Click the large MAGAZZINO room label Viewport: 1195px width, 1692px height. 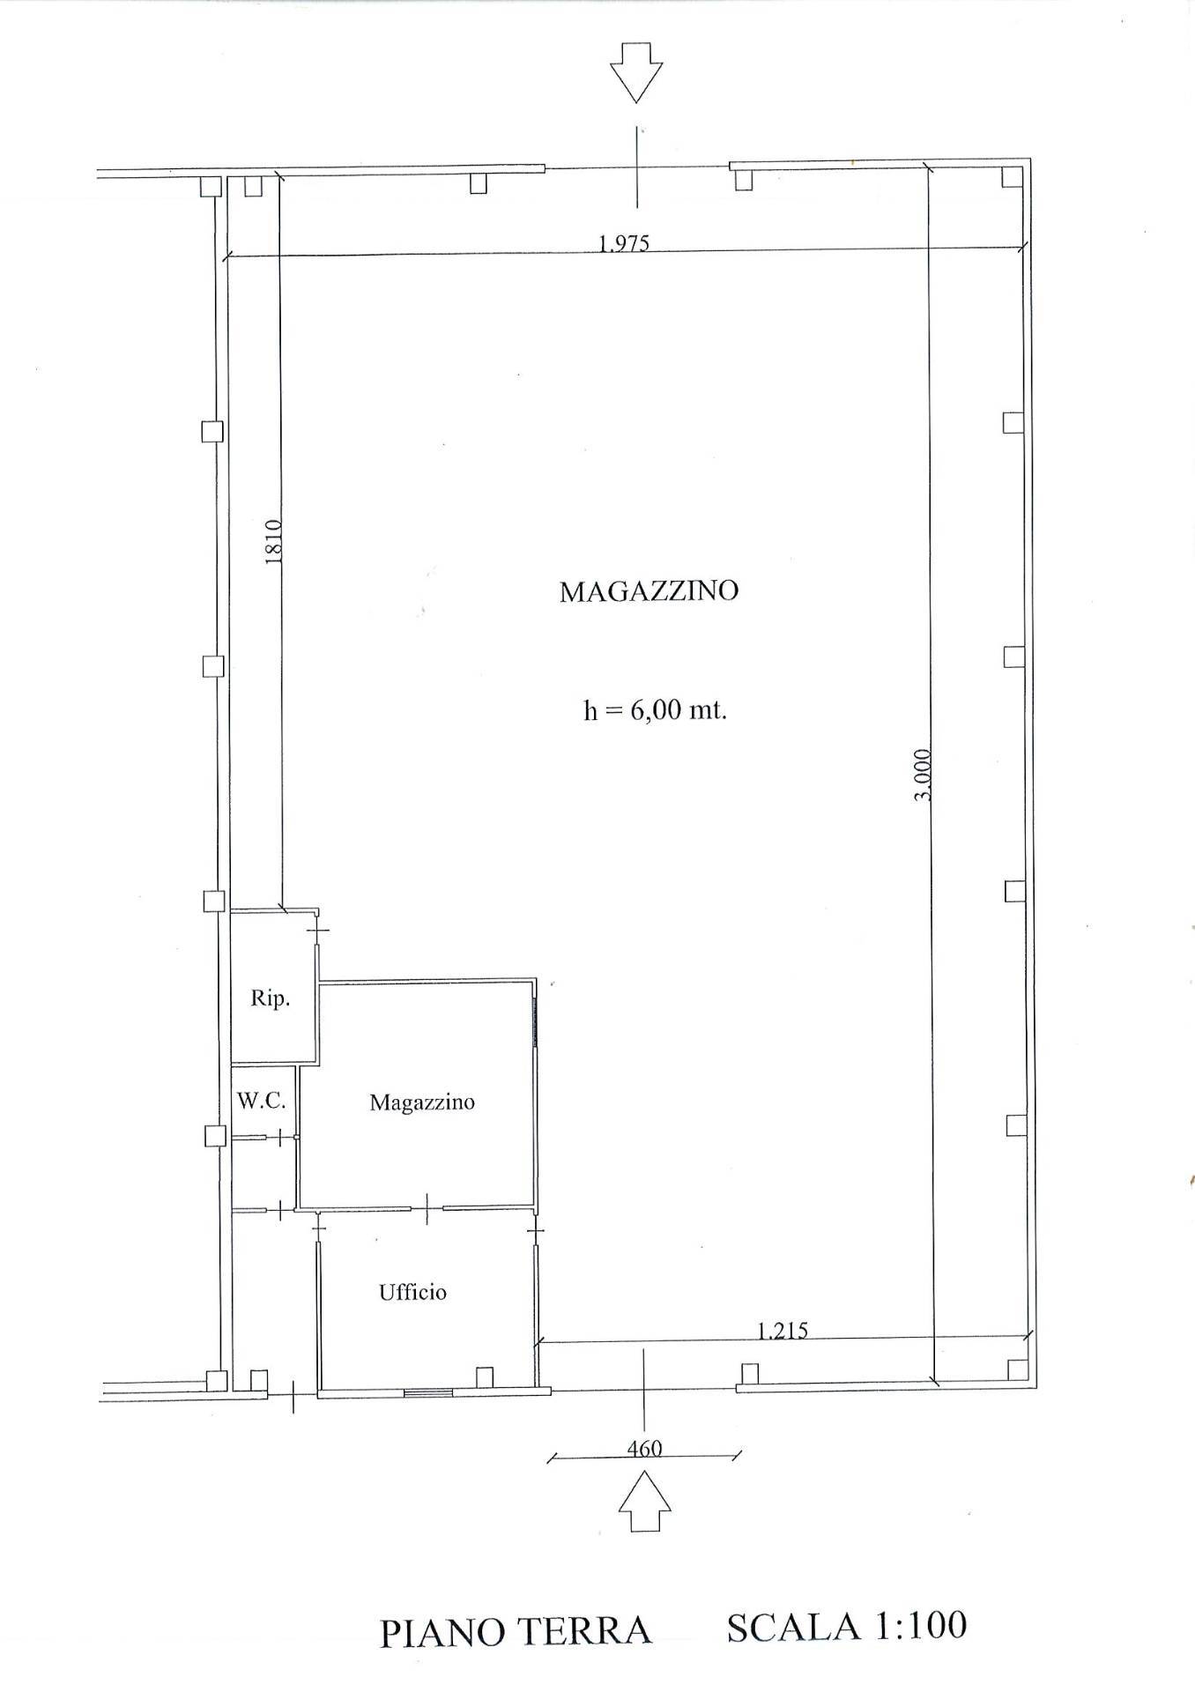click(649, 590)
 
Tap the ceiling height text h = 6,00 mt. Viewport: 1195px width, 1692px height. click(655, 709)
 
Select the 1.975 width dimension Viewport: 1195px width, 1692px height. click(624, 243)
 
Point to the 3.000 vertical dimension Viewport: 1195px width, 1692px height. click(923, 774)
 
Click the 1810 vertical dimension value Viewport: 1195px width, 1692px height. click(273, 541)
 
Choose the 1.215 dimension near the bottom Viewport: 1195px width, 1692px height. click(783, 1330)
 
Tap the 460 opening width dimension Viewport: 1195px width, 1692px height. click(644, 1448)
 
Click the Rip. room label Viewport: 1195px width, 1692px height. click(270, 999)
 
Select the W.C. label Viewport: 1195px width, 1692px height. click(261, 1101)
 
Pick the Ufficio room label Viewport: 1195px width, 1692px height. click(412, 1293)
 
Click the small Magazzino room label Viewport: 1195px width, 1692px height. click(422, 1102)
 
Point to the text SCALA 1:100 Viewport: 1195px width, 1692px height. click(847, 1627)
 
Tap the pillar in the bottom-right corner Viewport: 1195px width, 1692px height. click(1017, 1369)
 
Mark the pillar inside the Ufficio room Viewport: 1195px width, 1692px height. click(484, 1377)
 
